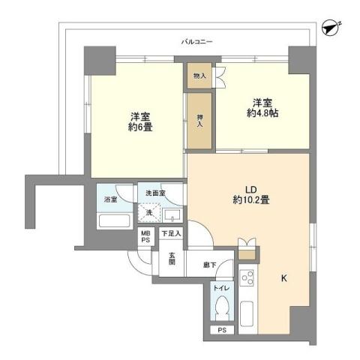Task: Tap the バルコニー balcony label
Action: point(196,41)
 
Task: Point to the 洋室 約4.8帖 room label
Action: point(261,108)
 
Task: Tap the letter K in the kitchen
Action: point(283,278)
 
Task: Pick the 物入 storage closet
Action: point(199,76)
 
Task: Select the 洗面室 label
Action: point(155,193)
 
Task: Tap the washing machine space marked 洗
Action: point(148,214)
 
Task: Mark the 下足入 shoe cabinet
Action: point(172,234)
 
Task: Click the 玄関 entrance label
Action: point(171,260)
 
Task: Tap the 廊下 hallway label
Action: point(210,264)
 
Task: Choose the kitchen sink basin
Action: point(247,310)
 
